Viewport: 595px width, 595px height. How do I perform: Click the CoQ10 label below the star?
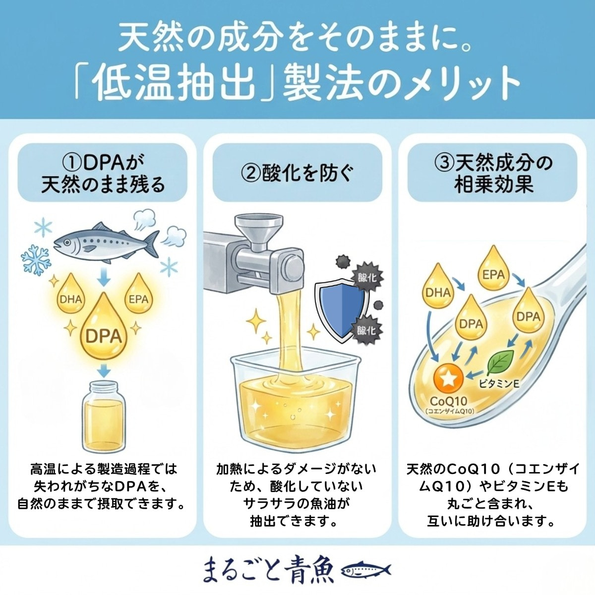[448, 401]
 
